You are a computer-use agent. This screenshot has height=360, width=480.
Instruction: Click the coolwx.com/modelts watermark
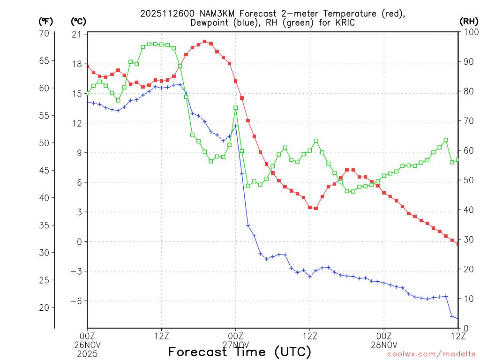[x=431, y=354]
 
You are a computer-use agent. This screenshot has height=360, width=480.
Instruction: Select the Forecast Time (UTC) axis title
[x=240, y=352]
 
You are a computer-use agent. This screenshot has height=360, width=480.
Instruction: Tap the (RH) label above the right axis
[x=469, y=21]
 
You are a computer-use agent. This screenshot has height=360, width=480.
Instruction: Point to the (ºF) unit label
[x=46, y=21]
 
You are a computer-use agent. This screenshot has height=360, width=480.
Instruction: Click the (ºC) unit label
[x=78, y=21]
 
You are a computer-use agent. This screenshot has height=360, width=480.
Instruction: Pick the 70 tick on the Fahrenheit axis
[x=45, y=33]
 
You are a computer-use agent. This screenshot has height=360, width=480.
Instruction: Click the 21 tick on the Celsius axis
[x=76, y=35]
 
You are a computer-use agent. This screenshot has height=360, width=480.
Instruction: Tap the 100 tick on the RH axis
[x=470, y=32]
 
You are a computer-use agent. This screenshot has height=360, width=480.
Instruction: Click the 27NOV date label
[x=236, y=345]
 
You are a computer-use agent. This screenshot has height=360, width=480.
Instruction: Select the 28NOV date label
[x=384, y=345]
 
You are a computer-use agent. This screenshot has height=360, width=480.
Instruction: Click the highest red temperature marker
[x=204, y=42]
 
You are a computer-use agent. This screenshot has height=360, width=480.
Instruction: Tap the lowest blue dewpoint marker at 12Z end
[x=457, y=318]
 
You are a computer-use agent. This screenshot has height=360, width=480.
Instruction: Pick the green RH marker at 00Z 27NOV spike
[x=235, y=108]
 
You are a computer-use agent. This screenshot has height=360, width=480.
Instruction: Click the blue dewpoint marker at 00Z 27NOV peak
[x=235, y=126]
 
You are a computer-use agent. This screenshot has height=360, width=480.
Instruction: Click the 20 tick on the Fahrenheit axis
[x=45, y=307]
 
